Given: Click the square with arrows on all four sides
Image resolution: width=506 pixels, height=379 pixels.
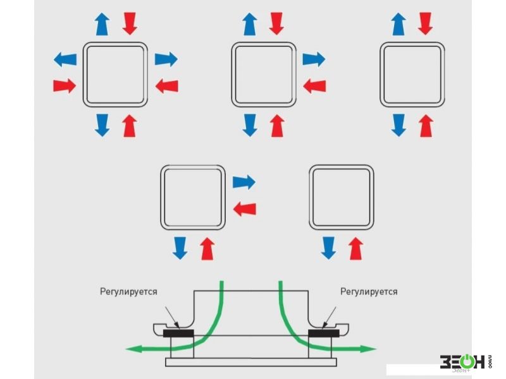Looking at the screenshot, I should click(116, 73).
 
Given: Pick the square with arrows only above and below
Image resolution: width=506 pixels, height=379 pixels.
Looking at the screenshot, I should click(411, 73).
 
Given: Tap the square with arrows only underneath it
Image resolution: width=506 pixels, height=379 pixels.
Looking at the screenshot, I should click(342, 196).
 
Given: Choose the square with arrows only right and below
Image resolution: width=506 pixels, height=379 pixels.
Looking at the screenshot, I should click(193, 196).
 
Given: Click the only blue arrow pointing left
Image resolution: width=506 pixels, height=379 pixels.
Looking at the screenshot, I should click(65, 60).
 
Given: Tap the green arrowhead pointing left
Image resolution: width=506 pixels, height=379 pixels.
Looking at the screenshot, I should click(132, 348).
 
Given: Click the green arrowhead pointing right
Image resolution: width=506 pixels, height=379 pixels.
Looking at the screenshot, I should click(371, 348).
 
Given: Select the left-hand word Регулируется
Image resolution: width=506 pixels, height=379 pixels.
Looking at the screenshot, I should click(128, 292).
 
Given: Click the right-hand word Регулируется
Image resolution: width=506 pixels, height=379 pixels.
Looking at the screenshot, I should click(369, 292).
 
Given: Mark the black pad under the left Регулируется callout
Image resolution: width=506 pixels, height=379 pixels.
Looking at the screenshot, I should click(179, 333).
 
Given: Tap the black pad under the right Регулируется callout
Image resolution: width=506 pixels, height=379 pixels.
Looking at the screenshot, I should click(324, 333).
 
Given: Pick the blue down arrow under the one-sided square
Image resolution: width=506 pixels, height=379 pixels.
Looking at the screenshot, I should click(328, 248).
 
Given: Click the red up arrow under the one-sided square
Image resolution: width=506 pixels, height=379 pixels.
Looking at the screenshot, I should click(357, 248).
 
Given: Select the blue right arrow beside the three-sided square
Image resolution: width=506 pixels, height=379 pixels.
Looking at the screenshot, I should click(313, 60).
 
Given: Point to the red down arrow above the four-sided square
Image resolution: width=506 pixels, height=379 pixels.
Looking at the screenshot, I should click(130, 23).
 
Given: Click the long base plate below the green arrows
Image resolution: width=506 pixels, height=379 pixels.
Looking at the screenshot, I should click(252, 362).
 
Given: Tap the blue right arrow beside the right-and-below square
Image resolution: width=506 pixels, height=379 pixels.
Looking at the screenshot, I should click(244, 183).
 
